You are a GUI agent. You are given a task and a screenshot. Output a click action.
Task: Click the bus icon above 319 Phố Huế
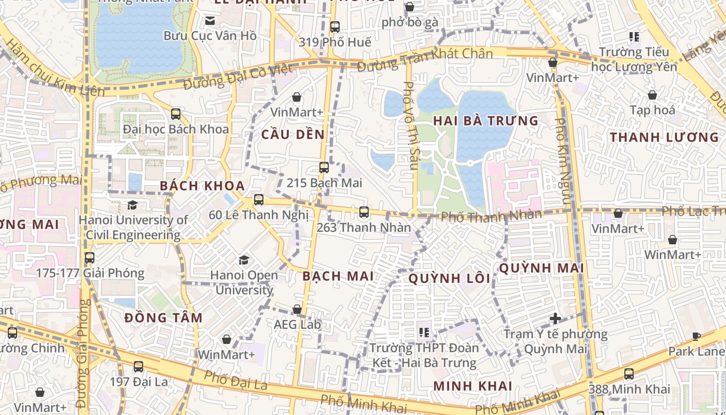click(335, 26)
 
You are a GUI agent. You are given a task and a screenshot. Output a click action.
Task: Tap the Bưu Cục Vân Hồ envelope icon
click(210, 21)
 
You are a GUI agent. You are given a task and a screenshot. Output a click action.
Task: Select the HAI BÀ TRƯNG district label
click(486, 121)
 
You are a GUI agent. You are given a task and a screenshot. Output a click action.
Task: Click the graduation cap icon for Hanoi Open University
click(244, 259)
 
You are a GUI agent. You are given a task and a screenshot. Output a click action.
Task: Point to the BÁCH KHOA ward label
click(202, 186)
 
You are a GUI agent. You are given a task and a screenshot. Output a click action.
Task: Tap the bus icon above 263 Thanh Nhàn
click(364, 212)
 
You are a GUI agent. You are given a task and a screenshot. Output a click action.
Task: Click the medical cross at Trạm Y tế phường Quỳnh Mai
click(555, 318)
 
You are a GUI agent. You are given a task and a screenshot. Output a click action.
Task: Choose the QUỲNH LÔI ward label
click(449, 279)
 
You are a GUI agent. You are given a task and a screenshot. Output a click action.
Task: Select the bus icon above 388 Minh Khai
click(629, 374)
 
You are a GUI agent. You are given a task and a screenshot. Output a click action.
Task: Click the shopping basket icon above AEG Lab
click(297, 309)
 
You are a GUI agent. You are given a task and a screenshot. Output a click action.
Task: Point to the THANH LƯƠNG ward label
click(664, 137)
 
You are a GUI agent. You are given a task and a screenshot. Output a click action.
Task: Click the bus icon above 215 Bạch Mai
click(324, 167)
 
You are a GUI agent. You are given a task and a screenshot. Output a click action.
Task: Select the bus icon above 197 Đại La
click(138, 366)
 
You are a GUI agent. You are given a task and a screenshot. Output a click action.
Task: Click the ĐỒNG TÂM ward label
click(163, 317)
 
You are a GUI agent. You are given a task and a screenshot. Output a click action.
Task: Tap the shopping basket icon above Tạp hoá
click(652, 95)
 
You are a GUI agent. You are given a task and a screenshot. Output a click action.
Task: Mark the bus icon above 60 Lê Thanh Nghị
click(259, 199)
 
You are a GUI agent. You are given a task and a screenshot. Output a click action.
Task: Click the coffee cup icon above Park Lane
click(696, 336)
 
